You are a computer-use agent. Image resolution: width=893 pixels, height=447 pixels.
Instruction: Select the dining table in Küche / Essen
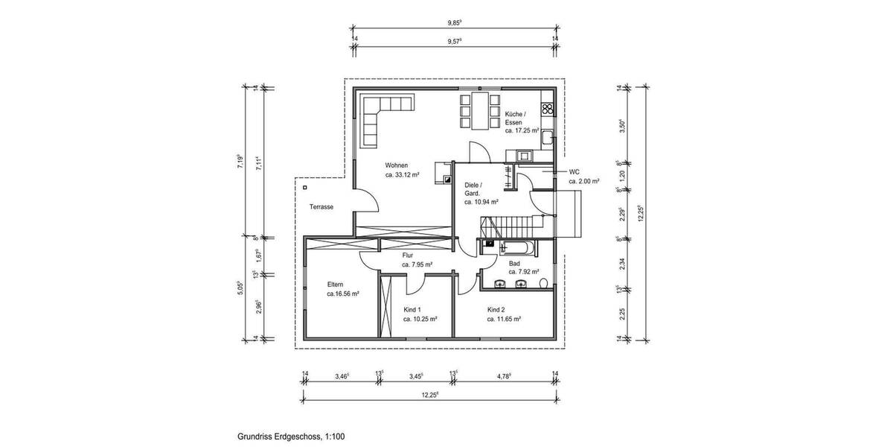coord(478,110)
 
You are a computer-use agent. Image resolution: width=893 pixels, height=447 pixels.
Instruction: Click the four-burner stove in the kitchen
coord(548,109)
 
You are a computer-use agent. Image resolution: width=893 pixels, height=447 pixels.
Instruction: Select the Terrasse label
coord(321,207)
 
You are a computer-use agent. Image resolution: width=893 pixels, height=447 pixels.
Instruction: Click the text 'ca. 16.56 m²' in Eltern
coord(343,294)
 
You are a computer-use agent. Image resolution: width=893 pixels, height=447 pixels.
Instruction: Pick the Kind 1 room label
coord(412,309)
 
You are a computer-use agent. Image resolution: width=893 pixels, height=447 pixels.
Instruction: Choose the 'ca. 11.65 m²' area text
coord(504,318)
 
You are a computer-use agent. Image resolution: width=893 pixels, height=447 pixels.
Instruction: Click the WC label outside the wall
coord(574,171)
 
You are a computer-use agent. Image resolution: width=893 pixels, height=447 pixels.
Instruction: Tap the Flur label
coord(407,256)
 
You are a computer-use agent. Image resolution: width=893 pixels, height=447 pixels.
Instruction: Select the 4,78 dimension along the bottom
coord(505,377)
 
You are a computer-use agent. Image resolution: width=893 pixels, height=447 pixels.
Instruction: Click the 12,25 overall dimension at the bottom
coord(430,394)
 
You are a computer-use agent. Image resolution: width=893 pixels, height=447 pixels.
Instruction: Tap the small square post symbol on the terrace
coord(306,188)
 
